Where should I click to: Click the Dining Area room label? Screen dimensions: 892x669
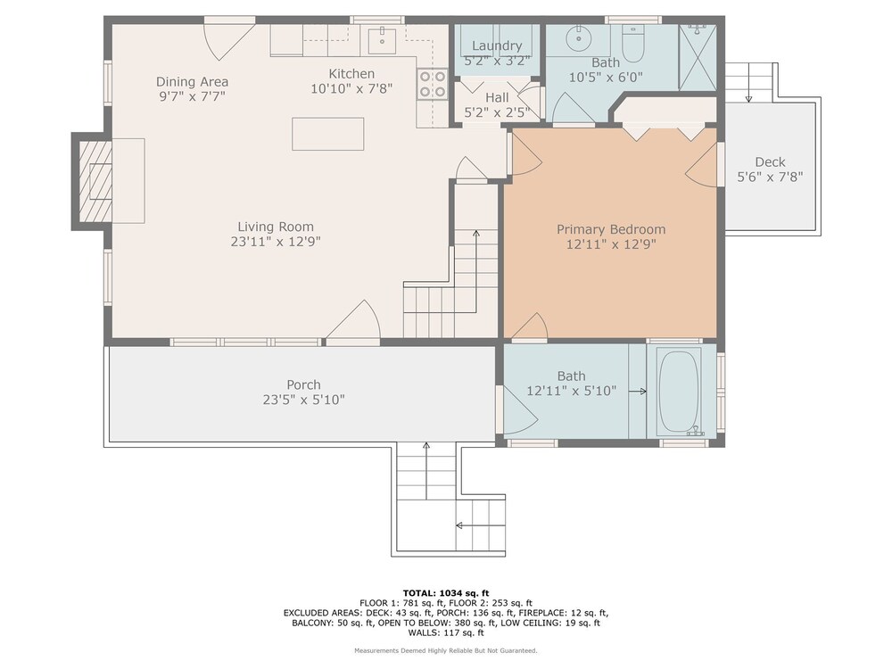click(193, 81)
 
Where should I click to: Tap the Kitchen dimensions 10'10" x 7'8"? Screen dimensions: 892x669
click(351, 88)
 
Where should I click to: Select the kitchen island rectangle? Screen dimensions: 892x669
click(327, 134)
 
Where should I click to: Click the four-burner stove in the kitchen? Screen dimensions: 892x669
click(433, 84)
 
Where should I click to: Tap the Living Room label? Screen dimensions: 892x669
click(276, 227)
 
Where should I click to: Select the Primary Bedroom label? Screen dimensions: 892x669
click(611, 229)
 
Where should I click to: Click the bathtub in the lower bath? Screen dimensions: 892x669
click(681, 392)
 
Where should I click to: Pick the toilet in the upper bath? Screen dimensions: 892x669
click(632, 43)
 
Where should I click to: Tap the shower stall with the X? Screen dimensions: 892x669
click(698, 57)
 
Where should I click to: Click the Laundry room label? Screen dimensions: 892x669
click(497, 45)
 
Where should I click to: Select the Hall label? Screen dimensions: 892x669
click(497, 98)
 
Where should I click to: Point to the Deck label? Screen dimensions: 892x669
click(771, 162)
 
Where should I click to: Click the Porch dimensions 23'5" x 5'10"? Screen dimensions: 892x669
click(304, 400)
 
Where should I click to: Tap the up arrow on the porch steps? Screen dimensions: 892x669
click(426, 471)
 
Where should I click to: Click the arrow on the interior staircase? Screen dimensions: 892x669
click(475, 271)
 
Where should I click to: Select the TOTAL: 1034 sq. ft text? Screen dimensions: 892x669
click(446, 593)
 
